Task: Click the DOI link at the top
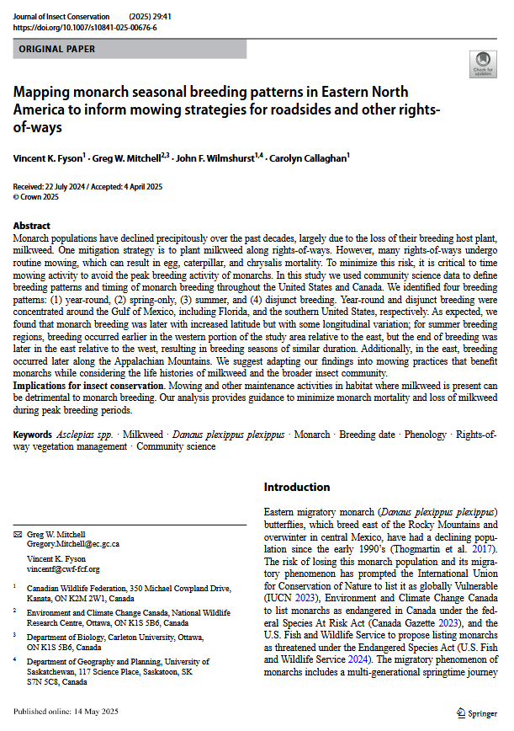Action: [85, 27]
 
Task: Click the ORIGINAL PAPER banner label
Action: [56, 49]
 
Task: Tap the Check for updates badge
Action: [482, 64]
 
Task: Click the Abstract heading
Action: [32, 227]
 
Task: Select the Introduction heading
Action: [297, 487]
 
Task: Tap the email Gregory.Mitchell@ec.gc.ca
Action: [74, 545]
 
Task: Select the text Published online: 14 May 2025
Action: [66, 712]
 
